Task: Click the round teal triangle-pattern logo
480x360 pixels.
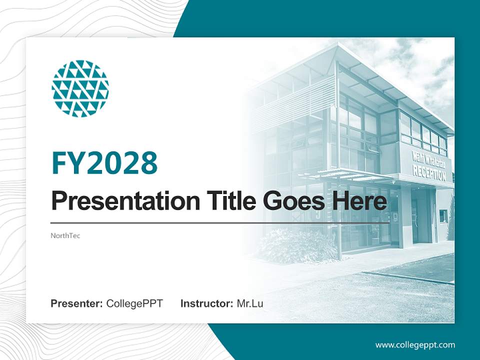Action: pos(80,89)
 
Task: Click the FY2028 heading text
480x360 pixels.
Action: pos(104,163)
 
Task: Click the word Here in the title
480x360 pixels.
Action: pos(359,201)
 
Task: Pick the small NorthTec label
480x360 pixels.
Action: pos(65,235)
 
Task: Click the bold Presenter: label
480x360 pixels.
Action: pos(77,303)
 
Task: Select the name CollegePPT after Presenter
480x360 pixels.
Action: pos(134,303)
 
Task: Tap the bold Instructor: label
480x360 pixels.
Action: pos(206,303)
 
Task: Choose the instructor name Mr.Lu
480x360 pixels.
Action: pos(250,303)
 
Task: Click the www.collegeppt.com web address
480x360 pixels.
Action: pos(415,345)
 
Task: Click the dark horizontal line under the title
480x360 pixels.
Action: pos(220,223)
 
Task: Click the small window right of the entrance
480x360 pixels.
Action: pos(443,216)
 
